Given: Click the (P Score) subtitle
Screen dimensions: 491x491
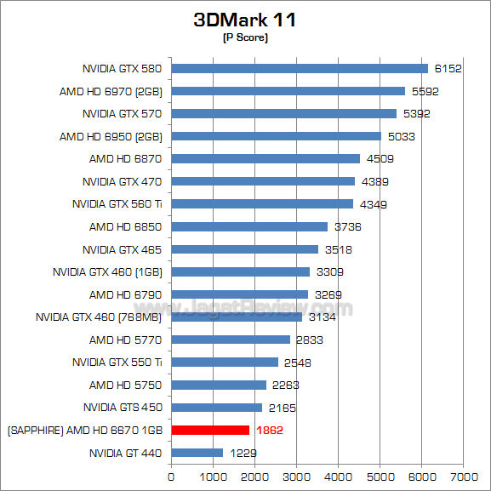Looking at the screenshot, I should coord(245,38).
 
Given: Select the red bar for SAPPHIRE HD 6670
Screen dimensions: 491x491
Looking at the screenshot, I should coord(210,430).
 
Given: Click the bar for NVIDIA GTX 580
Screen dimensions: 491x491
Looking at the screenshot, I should coord(300,68).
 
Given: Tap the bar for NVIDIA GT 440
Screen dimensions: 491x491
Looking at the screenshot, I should coord(197,453).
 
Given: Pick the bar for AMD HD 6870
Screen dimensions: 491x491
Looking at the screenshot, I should coord(265,158).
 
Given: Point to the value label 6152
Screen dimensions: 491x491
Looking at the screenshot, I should coord(448,69).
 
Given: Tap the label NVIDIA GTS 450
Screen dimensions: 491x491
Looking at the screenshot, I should coord(123,408).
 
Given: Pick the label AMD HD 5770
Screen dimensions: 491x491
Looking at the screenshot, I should coord(125,340).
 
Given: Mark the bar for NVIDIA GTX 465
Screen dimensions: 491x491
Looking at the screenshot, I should coord(245,249).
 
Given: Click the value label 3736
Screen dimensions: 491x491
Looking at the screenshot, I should coord(347,227).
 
